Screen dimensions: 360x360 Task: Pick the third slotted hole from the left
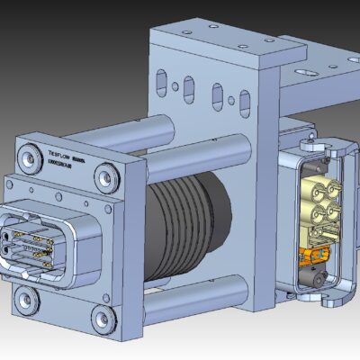[x=217, y=94]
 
